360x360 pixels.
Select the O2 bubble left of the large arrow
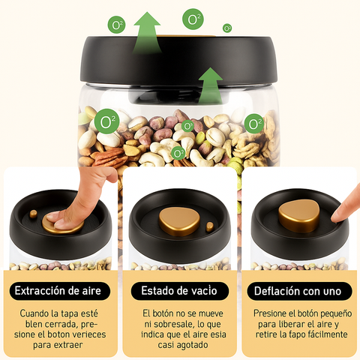(x=117, y=25)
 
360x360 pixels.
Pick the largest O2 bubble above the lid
(x=193, y=19)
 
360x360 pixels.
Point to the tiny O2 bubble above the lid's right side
(x=227, y=28)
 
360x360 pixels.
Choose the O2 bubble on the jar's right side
(x=254, y=122)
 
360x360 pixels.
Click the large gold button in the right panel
(x=298, y=216)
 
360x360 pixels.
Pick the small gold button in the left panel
(x=33, y=214)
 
